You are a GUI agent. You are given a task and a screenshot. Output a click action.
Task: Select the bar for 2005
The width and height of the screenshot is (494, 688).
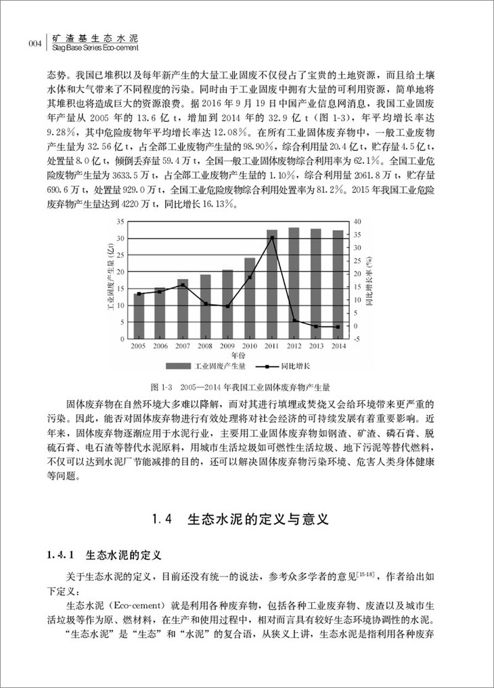click(x=139, y=316)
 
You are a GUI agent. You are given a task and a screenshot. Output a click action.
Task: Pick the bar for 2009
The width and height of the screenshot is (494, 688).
click(x=228, y=304)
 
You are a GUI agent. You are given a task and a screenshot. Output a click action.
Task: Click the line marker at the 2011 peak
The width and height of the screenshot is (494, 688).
click(x=272, y=237)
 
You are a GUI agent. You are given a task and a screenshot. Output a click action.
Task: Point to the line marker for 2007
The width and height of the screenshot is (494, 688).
click(x=183, y=284)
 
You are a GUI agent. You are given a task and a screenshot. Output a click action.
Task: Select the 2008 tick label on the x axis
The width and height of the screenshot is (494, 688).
click(x=206, y=346)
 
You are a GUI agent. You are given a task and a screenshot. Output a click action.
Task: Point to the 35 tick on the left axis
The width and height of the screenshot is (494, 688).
click(x=120, y=221)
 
